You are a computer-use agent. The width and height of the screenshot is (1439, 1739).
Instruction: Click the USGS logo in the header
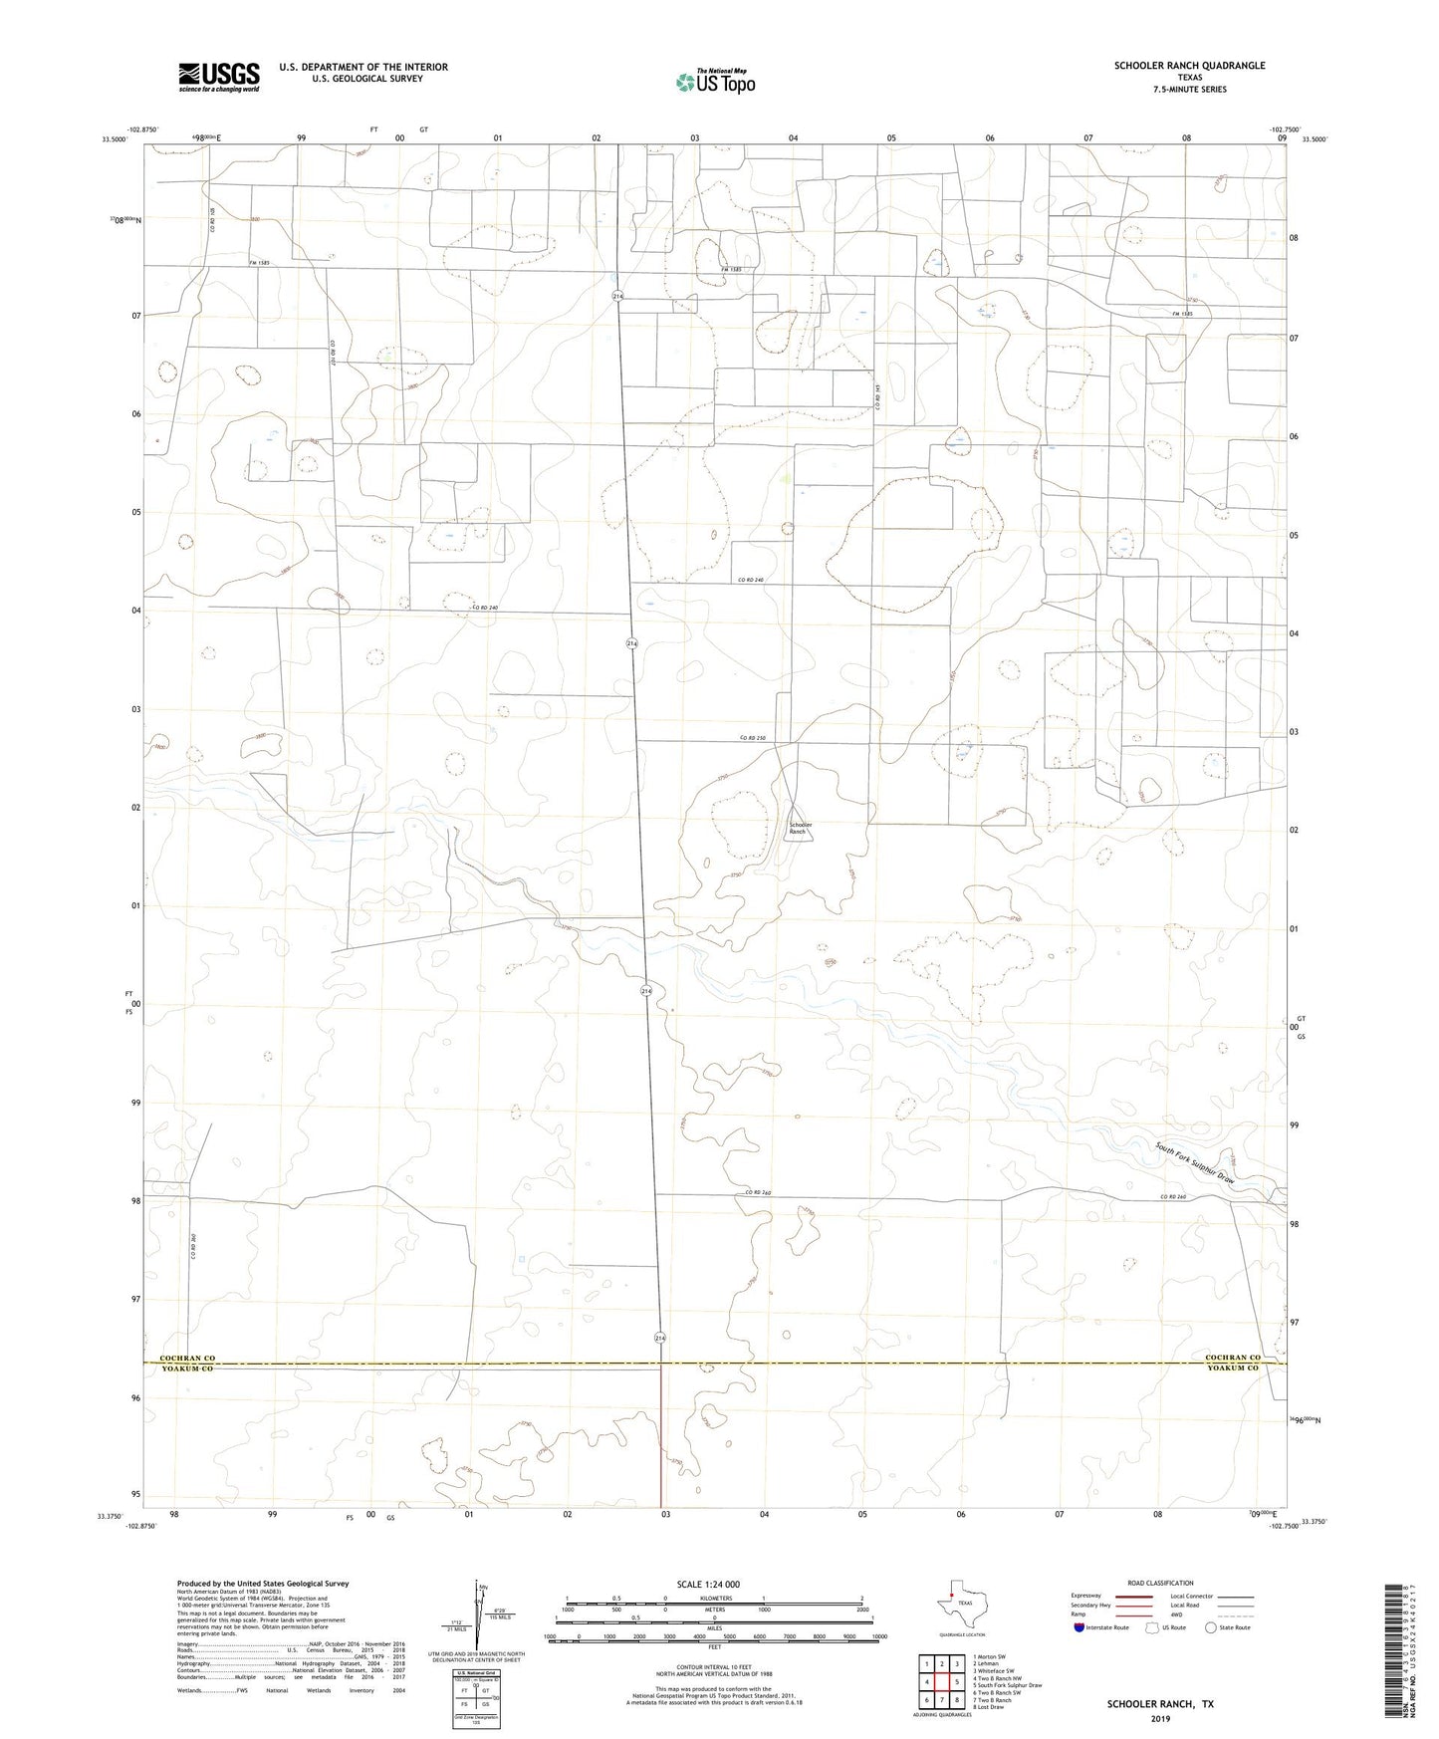pyautogui.click(x=219, y=77)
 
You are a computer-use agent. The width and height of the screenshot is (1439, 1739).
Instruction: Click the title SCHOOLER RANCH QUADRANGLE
pyautogui.click(x=1189, y=66)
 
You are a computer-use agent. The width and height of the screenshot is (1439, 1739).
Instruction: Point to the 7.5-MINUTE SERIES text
pyautogui.click(x=1189, y=90)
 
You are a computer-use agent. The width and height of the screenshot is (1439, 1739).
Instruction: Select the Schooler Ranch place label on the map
pyautogui.click(x=801, y=827)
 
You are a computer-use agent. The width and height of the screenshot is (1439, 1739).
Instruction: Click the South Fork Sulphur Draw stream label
pyautogui.click(x=1195, y=1162)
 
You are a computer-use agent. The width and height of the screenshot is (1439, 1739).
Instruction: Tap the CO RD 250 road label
pyautogui.click(x=752, y=738)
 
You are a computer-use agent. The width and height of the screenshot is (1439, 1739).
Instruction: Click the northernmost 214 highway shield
pyautogui.click(x=618, y=297)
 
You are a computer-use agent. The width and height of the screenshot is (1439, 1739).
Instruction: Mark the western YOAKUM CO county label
pyautogui.click(x=186, y=1369)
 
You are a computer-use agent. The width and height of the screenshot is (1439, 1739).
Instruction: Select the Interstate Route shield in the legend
pyautogui.click(x=1079, y=1627)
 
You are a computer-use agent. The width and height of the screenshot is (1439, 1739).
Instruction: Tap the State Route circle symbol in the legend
pyautogui.click(x=1210, y=1627)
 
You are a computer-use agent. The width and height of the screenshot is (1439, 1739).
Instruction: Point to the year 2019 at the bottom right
pyautogui.click(x=1159, y=1719)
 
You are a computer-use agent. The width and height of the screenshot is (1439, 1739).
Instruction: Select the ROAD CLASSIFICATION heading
pyautogui.click(x=1160, y=1583)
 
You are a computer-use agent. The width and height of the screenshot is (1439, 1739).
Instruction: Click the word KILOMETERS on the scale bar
pyautogui.click(x=713, y=1599)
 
